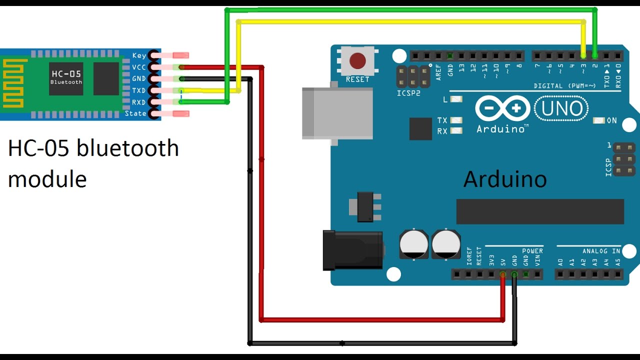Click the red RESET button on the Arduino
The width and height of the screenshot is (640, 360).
click(x=357, y=61)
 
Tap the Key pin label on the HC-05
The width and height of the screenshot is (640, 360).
click(x=139, y=55)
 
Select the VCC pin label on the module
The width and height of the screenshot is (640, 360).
click(x=138, y=67)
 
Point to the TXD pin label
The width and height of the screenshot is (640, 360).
click(x=138, y=90)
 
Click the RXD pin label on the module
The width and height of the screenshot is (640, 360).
click(x=138, y=102)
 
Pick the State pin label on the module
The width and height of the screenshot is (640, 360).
click(x=135, y=113)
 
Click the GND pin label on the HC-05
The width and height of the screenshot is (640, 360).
click(x=138, y=78)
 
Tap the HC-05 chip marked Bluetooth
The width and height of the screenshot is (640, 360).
click(x=66, y=78)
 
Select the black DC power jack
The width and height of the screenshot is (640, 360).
click(x=352, y=250)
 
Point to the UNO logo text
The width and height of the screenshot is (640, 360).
click(x=561, y=108)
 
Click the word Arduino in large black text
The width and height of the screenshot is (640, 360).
click(x=505, y=179)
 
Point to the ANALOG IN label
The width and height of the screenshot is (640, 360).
click(x=601, y=251)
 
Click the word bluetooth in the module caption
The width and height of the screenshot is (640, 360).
click(x=131, y=148)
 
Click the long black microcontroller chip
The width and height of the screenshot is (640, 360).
click(x=540, y=211)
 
